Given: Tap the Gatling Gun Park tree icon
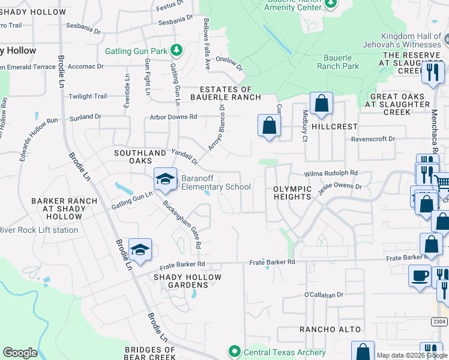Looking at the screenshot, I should [x=176, y=50].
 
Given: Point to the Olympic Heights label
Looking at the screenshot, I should [x=292, y=193].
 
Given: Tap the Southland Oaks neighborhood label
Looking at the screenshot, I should [x=140, y=157].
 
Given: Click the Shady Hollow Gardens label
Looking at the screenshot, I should [x=187, y=281].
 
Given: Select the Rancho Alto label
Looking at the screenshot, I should [x=330, y=329].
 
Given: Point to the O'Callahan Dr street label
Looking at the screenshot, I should [x=323, y=295].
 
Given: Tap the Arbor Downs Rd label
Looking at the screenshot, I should [x=173, y=116].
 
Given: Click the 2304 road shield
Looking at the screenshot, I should [x=439, y=322].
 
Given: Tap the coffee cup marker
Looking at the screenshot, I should [x=420, y=276].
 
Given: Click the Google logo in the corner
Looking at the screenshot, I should [x=20, y=353].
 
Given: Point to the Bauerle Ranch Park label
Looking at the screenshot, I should [x=341, y=62].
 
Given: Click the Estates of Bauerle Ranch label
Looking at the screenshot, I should [x=225, y=92].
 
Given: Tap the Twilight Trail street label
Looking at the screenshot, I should [x=88, y=96].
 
